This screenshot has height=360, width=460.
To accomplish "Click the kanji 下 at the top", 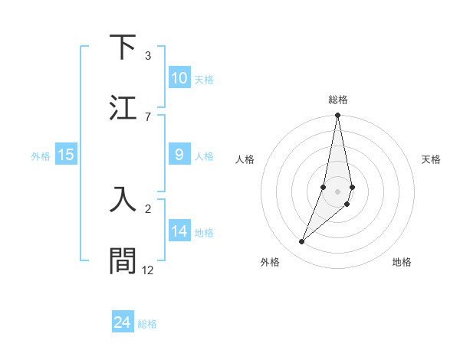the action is tap(123, 47).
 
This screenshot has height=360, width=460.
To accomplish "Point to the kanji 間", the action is tap(123, 260).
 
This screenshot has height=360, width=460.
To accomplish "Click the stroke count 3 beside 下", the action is tap(148, 56).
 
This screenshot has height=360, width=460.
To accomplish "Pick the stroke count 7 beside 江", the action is tap(148, 116).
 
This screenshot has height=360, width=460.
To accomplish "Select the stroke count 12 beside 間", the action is tap(148, 270).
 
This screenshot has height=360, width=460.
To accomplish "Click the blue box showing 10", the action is tap(179, 78).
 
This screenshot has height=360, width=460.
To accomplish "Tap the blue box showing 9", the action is tap(179, 155).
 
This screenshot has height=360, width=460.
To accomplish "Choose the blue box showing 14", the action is tap(179, 231).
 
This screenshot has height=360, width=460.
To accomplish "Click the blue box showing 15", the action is tap(65, 155).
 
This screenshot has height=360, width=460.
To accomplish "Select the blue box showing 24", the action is tap(123, 322).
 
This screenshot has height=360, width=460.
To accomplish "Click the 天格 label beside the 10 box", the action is tap(203, 79).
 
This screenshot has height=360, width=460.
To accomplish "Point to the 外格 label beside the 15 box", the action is tap(41, 155).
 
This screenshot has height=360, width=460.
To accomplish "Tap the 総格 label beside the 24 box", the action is tap(147, 323).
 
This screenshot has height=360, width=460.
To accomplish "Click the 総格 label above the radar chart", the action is tap(338, 100).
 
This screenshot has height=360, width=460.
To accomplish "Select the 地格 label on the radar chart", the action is tap(402, 262).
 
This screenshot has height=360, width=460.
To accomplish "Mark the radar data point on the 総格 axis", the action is tap(337, 116).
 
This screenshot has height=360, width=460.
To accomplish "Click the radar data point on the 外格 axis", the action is tap(301, 241).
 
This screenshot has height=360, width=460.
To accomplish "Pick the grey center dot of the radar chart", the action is tap(337, 191).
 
